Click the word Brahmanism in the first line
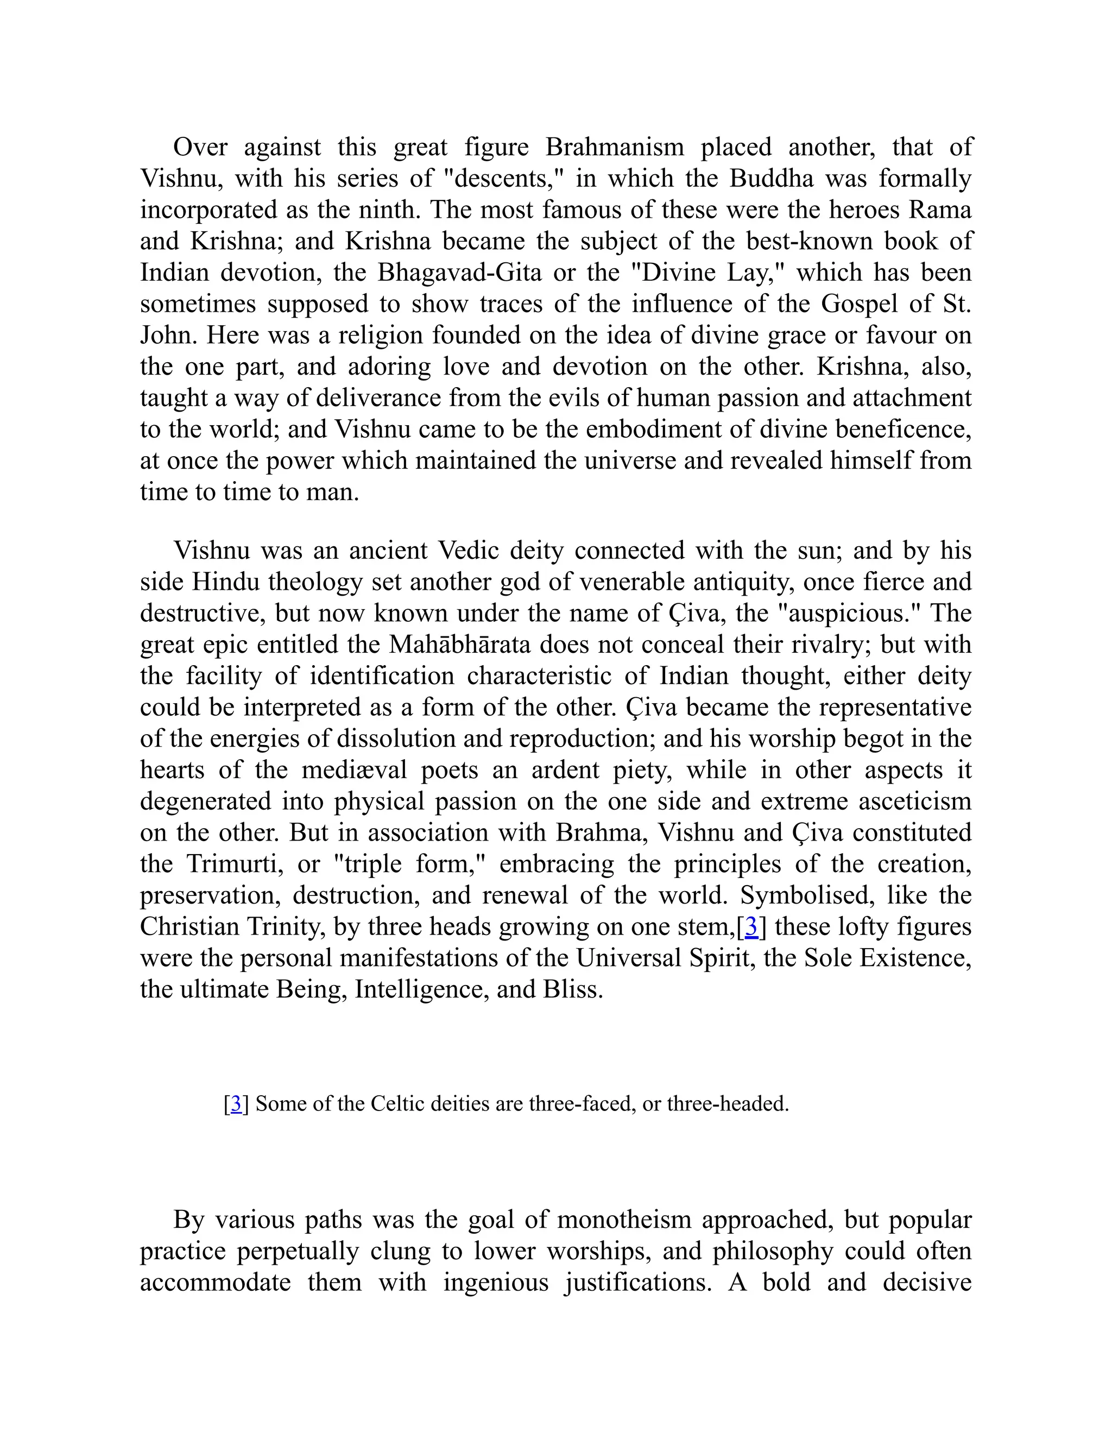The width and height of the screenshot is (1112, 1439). (614, 147)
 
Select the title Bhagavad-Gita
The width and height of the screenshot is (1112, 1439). (459, 272)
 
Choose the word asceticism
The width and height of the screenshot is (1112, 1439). (915, 801)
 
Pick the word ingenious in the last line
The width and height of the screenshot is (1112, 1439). (495, 1282)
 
